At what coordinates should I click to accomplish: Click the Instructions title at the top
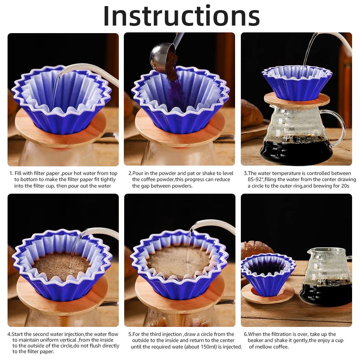pos(181,16)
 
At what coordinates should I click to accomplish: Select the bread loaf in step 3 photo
pos(251,113)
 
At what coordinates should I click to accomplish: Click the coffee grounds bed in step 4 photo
pos(61,266)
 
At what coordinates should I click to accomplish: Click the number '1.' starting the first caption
pos(11,174)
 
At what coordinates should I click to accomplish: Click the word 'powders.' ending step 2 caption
pos(182,186)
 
